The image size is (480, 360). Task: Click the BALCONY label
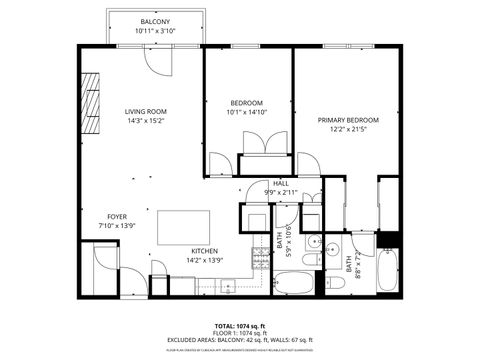click(154, 22)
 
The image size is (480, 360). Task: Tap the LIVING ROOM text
click(144, 111)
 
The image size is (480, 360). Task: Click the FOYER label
click(117, 216)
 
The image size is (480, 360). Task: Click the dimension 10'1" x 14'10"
click(246, 113)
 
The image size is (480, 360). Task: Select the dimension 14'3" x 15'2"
click(144, 121)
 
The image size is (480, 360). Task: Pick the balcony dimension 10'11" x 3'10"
click(154, 31)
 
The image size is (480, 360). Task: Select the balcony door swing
click(155, 61)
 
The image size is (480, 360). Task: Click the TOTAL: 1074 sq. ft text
click(239, 326)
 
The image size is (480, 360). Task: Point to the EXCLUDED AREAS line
click(239, 340)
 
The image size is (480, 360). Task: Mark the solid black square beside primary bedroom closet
click(390, 240)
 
